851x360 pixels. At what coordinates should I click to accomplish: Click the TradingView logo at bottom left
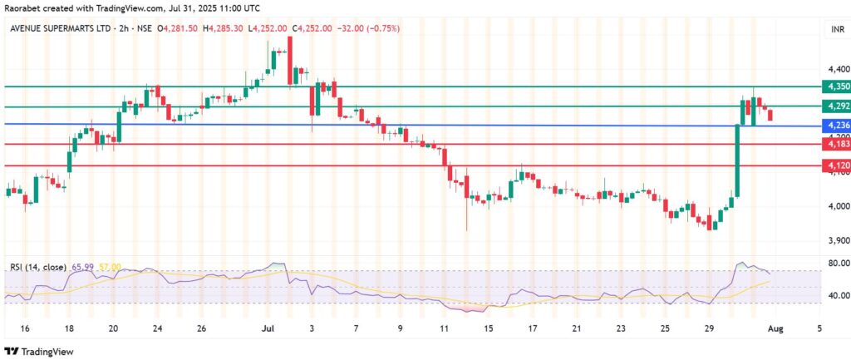tap(37, 350)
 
